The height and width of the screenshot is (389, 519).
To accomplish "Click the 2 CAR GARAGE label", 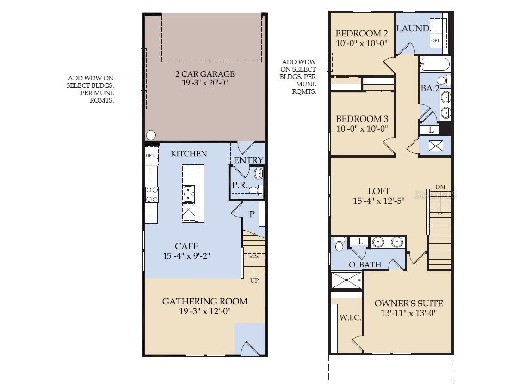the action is [205, 74].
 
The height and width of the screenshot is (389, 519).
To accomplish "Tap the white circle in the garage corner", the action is [151, 135].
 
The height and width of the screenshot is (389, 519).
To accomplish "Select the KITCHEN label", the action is [189, 153].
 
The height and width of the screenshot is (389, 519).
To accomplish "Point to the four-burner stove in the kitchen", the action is [152, 194].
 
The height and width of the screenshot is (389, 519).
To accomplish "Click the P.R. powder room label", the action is [240, 185].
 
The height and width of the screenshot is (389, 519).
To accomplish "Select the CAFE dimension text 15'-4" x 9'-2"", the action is [187, 256].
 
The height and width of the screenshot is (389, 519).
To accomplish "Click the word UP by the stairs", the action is [254, 280].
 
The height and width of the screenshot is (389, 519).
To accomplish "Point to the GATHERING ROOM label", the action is [205, 301].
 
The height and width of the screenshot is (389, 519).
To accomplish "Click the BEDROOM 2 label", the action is [362, 33].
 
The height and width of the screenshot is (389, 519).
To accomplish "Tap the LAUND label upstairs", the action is [413, 29].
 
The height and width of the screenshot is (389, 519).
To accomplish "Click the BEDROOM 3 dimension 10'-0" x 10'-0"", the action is [362, 128].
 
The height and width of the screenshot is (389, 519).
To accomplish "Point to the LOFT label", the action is [379, 191].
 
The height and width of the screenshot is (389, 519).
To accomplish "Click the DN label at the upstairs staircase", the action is [440, 188].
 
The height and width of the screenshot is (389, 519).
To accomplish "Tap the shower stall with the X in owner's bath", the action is [346, 280].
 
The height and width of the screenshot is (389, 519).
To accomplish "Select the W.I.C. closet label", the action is [350, 317].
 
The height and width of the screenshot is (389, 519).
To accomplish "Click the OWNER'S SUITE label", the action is [409, 304].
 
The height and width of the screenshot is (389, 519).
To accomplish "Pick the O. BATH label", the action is [365, 265].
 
